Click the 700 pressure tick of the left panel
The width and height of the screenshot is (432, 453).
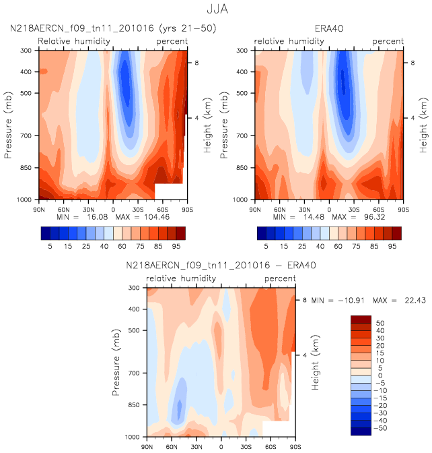point(26,136)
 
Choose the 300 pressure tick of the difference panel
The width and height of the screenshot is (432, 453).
point(134,288)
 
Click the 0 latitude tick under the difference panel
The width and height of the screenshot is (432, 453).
point(221,447)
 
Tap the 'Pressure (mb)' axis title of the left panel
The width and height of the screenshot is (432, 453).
point(8,125)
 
